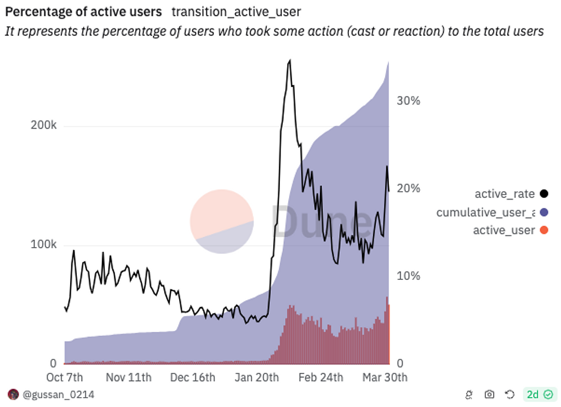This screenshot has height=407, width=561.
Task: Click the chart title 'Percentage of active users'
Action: pos(83,12)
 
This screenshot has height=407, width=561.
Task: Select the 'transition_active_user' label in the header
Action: pos(236,12)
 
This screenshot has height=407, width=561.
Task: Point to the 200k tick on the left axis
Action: pos(43,125)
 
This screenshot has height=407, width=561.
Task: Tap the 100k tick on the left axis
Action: pos(43,244)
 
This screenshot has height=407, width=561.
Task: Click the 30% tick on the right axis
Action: pos(408,101)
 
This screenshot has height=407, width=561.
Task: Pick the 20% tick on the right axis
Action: pos(408,188)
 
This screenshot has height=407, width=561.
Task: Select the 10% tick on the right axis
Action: pos(408,276)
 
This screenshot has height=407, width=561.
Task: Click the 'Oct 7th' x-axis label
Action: pos(65,377)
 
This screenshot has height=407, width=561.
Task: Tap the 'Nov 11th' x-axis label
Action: pos(128,377)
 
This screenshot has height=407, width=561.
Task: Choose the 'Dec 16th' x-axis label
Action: pos(192,377)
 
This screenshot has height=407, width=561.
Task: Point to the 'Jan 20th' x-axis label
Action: pos(256,377)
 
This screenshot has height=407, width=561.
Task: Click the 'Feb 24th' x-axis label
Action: pos(320,377)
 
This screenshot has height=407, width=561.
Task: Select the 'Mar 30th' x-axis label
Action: pos(385,377)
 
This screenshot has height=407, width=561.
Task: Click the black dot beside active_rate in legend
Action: pos(543,193)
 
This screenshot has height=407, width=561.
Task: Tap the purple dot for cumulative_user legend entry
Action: pos(543,212)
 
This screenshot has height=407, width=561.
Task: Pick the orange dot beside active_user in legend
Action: pos(543,230)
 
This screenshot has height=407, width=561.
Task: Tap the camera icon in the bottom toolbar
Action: pos(489,394)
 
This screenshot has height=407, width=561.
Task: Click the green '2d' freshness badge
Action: pos(539,394)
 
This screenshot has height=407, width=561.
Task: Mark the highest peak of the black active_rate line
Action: pos(290,61)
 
